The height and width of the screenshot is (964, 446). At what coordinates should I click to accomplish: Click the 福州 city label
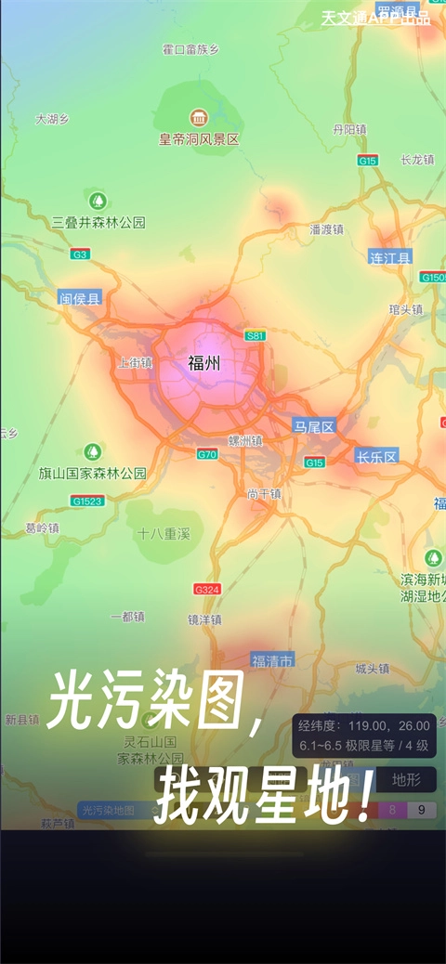203,362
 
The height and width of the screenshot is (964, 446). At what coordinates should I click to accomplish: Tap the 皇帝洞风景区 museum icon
199,118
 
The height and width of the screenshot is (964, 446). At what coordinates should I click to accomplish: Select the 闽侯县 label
80,297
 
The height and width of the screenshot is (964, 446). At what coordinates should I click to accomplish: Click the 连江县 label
390,257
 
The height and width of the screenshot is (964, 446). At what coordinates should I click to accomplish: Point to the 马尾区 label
313,426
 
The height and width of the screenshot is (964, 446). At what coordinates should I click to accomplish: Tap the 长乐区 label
376,456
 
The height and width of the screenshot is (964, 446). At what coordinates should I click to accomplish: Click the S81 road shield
256,335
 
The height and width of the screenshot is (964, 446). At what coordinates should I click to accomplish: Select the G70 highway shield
206,454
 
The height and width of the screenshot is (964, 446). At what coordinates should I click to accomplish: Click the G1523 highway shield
85,501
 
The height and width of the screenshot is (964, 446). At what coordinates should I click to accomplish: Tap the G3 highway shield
81,254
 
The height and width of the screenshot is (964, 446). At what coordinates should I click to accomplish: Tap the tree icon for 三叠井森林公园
98,201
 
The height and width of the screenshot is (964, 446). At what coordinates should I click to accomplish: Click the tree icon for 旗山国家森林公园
92,452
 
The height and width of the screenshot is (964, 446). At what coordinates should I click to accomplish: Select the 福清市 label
272,660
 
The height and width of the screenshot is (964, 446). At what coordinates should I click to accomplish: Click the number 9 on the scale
422,810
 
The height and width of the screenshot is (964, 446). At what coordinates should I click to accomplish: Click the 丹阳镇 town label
349,129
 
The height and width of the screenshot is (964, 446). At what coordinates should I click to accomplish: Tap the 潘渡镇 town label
326,228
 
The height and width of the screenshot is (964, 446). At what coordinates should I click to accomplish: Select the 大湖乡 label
52,119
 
